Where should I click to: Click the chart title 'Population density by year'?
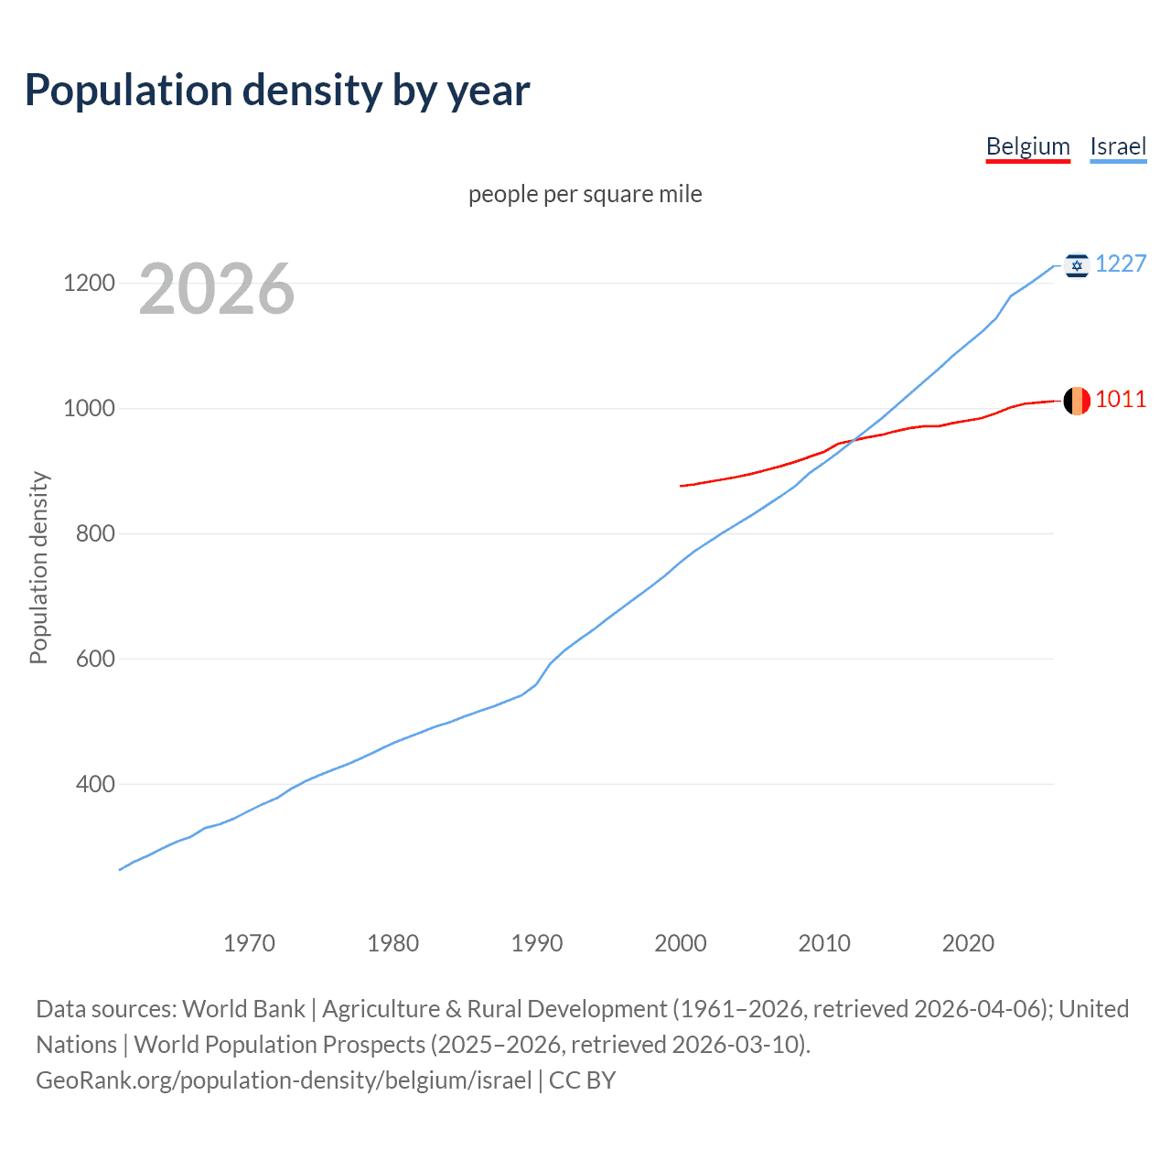point(277,90)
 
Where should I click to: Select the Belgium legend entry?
point(1027,146)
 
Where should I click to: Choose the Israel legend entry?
point(1118,146)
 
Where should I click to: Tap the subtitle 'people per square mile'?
point(585,194)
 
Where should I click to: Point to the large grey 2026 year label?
point(217,289)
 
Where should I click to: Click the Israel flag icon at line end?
point(1077,265)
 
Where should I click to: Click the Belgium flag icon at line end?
point(1077,401)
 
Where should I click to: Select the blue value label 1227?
point(1121,263)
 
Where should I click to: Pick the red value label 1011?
point(1121,399)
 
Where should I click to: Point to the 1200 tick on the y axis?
point(89,283)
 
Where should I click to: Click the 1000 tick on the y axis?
point(89,408)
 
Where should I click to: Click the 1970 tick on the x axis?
point(249,942)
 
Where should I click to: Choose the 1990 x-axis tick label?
point(537,942)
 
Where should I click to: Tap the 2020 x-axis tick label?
point(968,942)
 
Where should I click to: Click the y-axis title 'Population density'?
point(38,567)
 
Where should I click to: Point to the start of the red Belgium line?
point(682,486)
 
